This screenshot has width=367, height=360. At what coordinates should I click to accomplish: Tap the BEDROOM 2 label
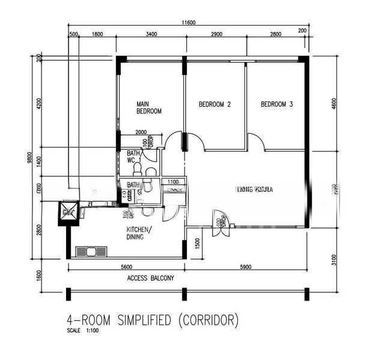215,104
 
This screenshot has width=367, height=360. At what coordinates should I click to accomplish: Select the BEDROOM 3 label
276,104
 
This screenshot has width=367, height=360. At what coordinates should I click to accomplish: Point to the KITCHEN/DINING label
139,233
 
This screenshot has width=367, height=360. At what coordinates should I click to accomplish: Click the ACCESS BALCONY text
151,278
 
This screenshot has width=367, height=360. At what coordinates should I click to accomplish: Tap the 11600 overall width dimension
189,23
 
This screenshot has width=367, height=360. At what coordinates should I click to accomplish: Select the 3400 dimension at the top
151,35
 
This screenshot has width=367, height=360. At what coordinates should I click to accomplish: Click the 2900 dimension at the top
216,35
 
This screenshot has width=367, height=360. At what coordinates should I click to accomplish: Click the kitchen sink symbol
91,251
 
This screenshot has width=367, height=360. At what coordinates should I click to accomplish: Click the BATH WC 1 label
133,158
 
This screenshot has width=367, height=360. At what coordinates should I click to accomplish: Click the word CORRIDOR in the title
205,320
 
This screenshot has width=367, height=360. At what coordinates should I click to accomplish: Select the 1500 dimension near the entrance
197,243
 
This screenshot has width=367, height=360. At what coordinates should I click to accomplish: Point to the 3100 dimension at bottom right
334,260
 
